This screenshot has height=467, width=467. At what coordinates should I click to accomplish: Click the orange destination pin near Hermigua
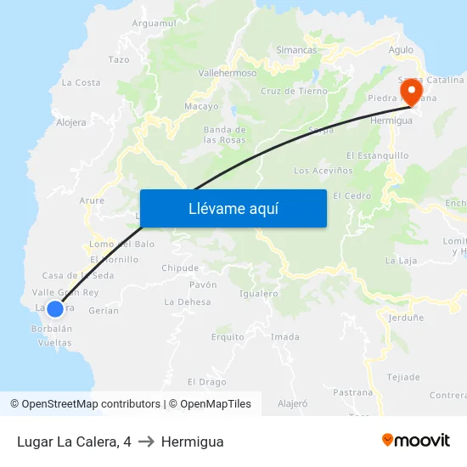[411, 91]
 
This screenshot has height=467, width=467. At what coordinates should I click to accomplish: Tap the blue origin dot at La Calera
[55, 309]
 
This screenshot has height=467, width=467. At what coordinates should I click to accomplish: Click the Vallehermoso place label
[227, 73]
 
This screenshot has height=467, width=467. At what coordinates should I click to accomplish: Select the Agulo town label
[401, 50]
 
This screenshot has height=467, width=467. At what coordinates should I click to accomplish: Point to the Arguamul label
[154, 23]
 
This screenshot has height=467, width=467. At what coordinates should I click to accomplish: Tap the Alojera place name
[71, 122]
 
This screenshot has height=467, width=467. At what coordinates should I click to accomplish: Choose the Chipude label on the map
[180, 268]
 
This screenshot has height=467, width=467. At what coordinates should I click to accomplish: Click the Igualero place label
[259, 294]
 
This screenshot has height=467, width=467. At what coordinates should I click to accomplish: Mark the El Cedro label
[352, 195]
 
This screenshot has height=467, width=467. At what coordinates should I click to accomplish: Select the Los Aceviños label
[323, 171]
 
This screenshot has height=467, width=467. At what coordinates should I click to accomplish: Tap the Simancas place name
[296, 50]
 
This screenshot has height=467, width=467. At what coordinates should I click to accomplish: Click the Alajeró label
[292, 404]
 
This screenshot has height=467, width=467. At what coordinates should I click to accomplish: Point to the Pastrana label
[352, 392]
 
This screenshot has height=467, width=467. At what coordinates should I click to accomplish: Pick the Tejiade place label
[403, 377]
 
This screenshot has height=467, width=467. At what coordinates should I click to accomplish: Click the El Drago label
[207, 382]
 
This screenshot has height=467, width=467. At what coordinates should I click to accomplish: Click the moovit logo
[416, 440]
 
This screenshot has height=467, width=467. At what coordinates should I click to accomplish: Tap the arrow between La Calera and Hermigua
[146, 442]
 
